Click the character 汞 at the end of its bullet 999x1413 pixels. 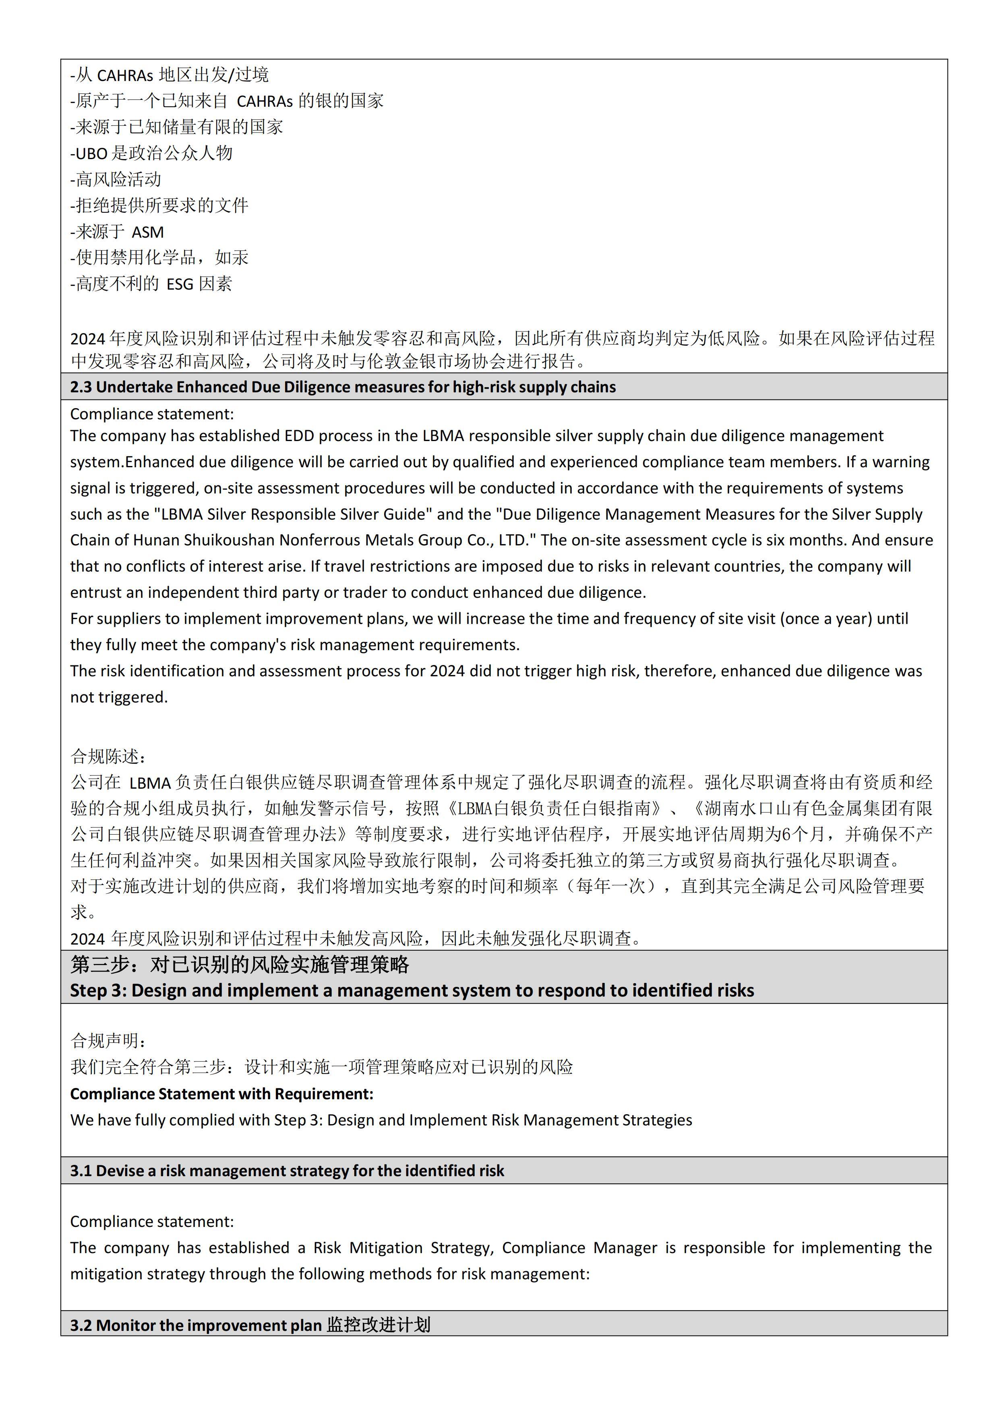[240, 258]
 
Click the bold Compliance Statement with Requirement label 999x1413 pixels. [221, 1094]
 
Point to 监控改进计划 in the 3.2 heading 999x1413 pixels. [379, 1325]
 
